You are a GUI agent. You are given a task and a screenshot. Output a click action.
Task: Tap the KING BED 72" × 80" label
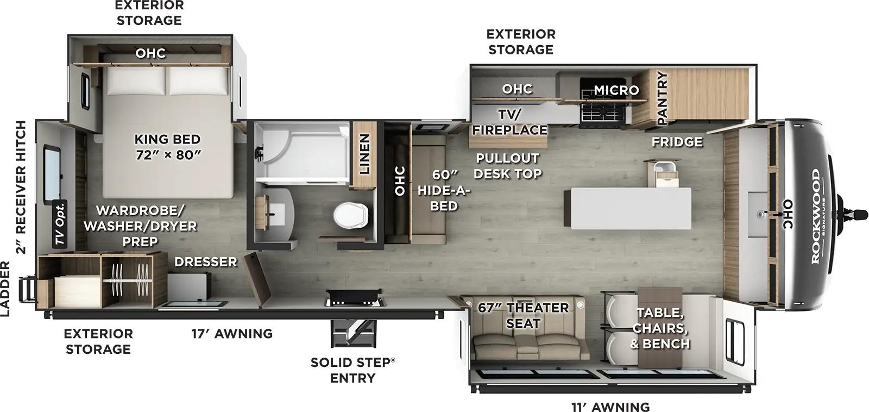167,147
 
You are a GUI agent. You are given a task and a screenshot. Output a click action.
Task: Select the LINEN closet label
364,154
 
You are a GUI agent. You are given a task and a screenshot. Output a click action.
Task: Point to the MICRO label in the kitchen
616,90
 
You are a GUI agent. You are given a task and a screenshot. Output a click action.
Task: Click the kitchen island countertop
627,208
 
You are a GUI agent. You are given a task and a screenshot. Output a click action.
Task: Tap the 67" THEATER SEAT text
523,315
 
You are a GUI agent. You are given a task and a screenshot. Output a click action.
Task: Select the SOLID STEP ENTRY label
352,370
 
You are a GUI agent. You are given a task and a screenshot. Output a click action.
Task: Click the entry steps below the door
352,331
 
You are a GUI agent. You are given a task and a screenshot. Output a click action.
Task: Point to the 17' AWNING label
232,333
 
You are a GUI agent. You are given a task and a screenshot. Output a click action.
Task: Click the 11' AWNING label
610,407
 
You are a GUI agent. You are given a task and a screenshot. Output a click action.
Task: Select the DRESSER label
205,262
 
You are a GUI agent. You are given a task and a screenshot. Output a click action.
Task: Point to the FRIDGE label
677,142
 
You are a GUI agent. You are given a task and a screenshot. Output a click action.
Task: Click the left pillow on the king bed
135,80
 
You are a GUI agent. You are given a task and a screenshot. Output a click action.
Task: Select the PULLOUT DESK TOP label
507,166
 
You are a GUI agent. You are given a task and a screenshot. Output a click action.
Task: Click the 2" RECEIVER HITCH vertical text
21,188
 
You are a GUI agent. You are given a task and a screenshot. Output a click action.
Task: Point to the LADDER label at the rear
5,289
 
